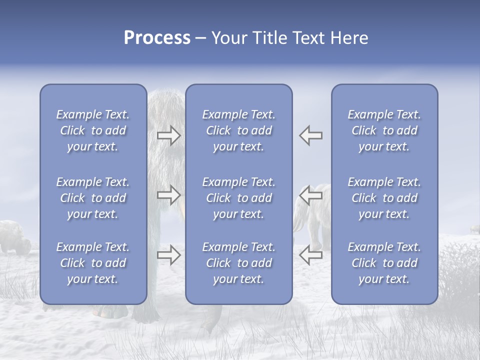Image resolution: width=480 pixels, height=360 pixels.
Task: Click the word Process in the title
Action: (157, 38)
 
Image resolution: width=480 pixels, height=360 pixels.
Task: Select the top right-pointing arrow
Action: (168, 135)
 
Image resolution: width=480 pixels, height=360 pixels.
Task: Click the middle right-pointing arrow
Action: (168, 195)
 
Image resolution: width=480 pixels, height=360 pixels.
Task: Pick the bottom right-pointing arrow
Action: (168, 255)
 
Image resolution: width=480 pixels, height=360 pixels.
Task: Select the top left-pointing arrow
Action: (310, 135)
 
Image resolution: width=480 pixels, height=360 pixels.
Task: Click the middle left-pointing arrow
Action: (310, 195)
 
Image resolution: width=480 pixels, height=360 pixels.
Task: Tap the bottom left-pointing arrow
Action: (310, 255)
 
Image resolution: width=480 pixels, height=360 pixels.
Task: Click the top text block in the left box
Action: (93, 130)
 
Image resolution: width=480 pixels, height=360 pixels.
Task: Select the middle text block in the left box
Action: (93, 198)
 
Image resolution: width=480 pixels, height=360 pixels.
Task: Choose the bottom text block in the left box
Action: (93, 263)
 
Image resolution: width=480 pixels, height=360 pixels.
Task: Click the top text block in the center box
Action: (238, 130)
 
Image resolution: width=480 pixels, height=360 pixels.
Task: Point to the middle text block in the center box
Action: (238, 198)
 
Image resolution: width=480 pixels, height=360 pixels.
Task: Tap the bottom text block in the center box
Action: (238, 263)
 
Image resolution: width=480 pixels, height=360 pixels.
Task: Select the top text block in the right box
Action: (384, 130)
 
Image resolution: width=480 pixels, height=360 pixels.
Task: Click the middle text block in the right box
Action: (384, 198)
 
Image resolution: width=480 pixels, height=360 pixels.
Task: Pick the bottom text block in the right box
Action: (384, 263)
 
